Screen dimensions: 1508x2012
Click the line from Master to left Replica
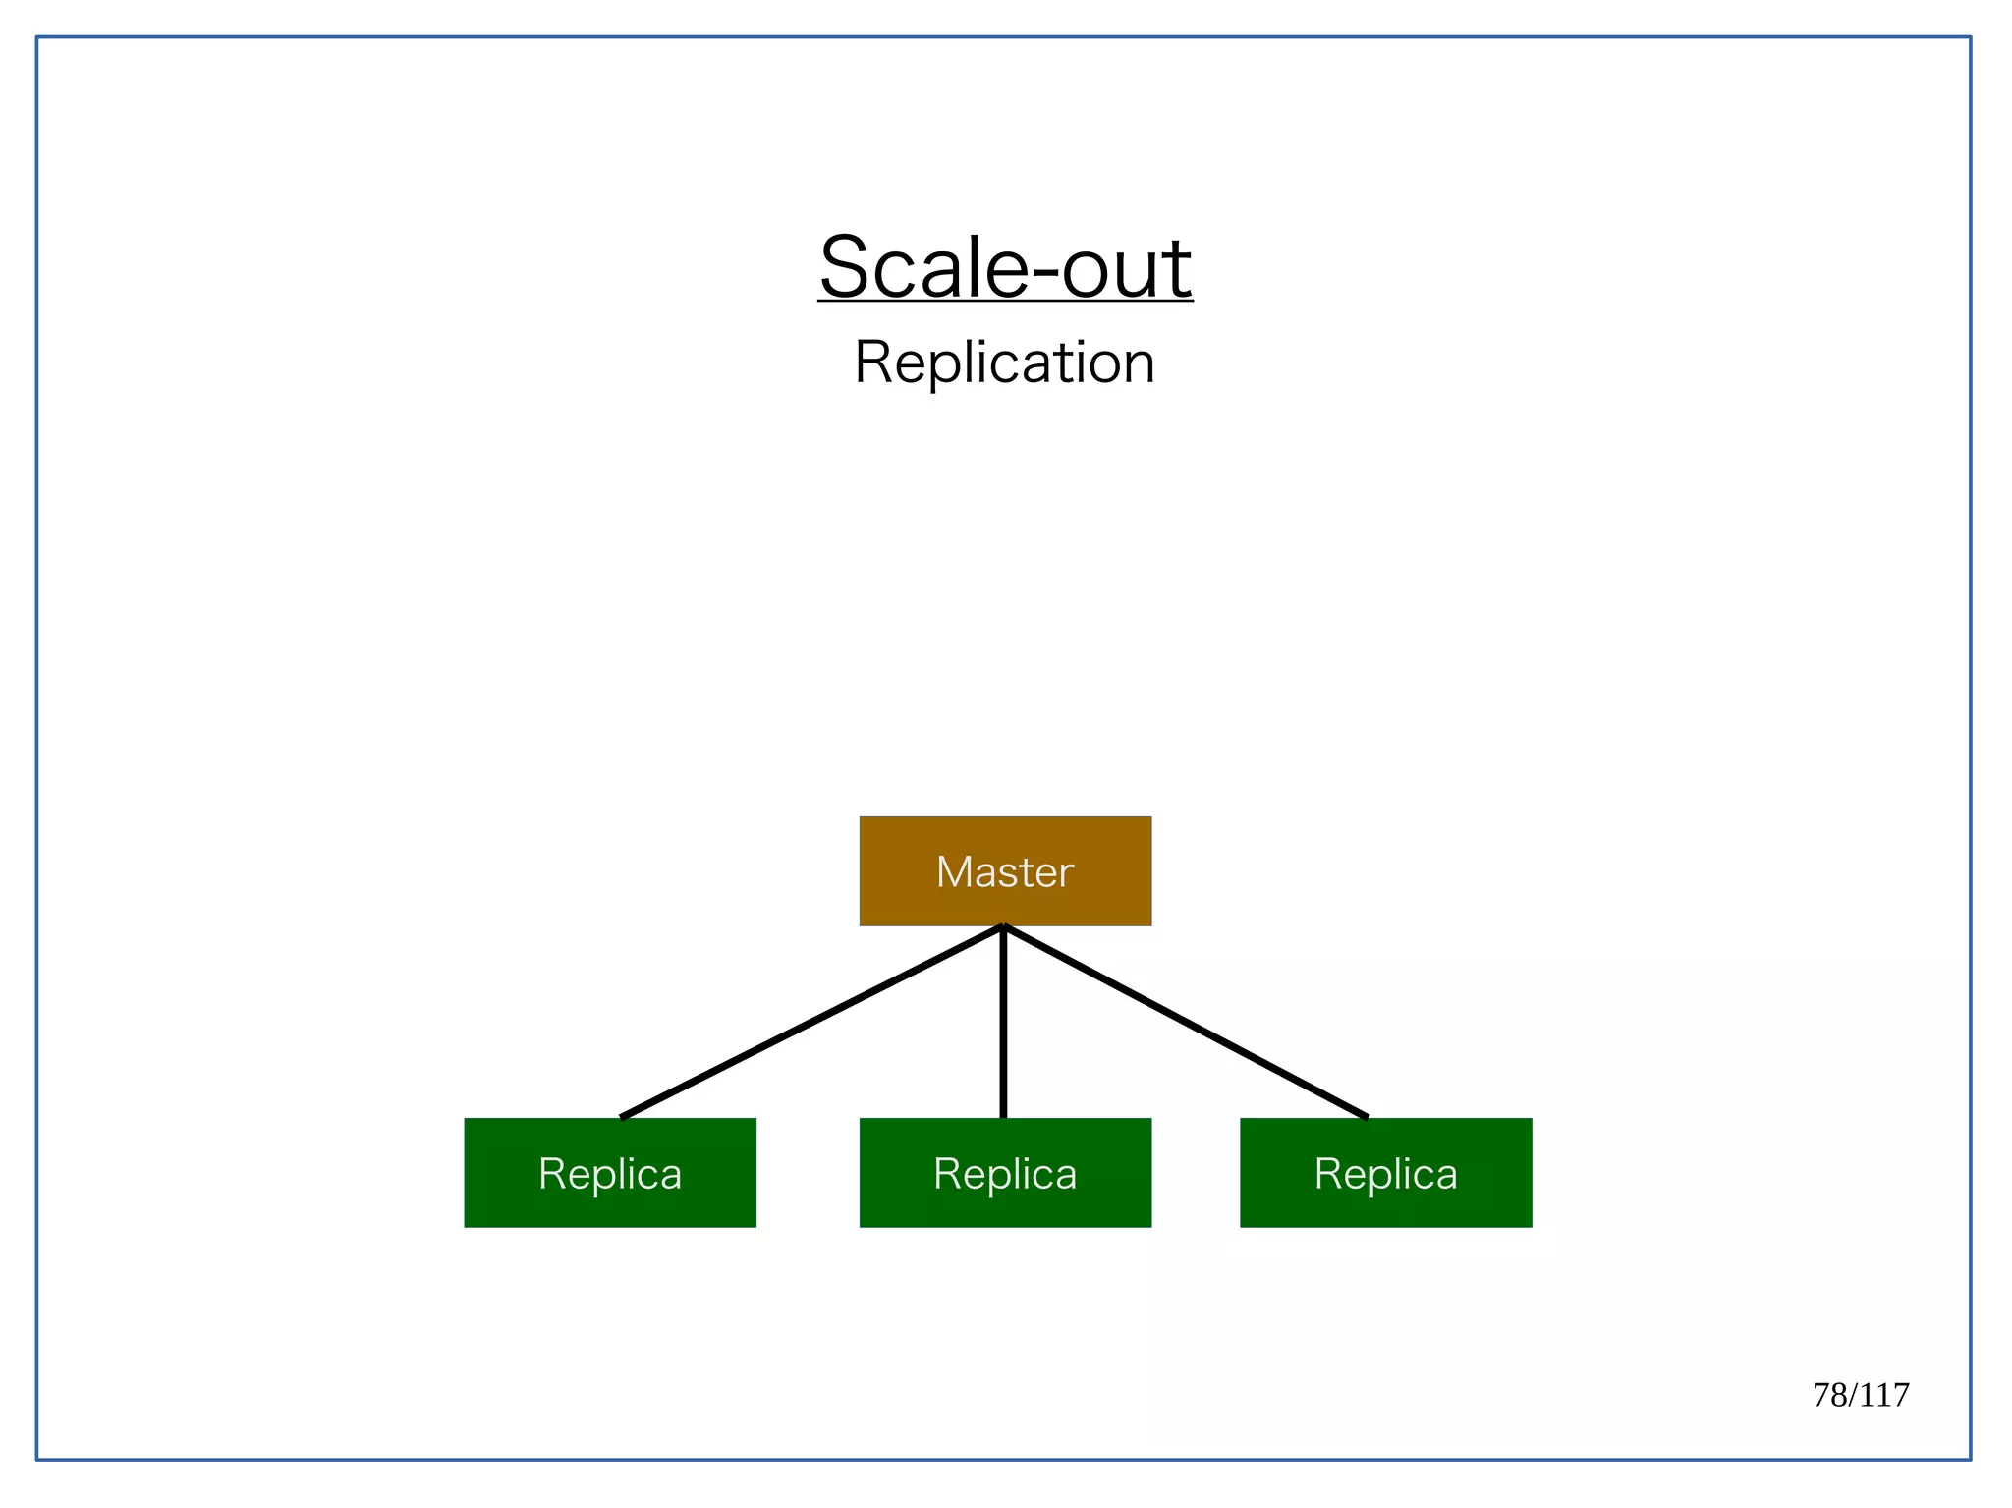tap(811, 1022)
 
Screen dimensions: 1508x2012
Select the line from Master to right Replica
tap(1185, 1022)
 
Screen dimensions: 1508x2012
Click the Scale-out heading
tap(1005, 267)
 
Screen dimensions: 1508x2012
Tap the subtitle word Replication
tap(1004, 363)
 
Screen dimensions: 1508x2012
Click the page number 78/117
tap(1860, 1395)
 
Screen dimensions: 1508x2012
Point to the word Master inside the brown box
tap(1004, 872)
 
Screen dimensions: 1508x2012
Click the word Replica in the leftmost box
tap(610, 1174)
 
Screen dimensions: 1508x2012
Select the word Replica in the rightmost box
tap(1385, 1174)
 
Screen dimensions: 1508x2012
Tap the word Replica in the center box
tap(1004, 1174)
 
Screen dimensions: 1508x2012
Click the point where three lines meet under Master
tap(1003, 928)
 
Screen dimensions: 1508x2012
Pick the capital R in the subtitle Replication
tap(873, 363)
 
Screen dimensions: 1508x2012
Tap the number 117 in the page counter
tap(1884, 1395)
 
